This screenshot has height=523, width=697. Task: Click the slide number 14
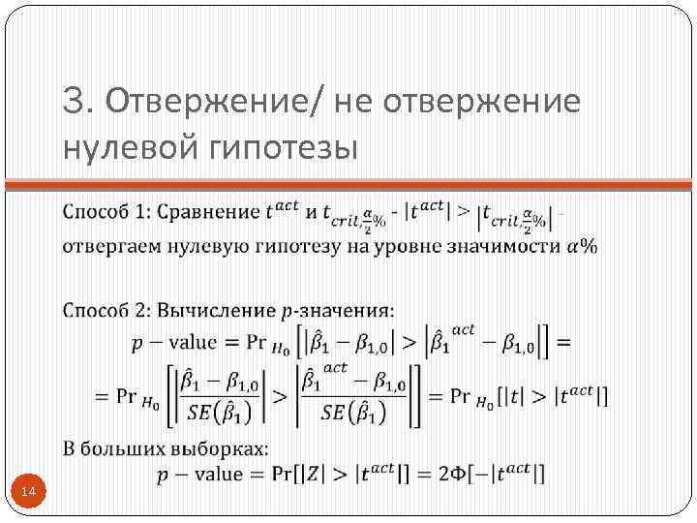(x=28, y=494)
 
